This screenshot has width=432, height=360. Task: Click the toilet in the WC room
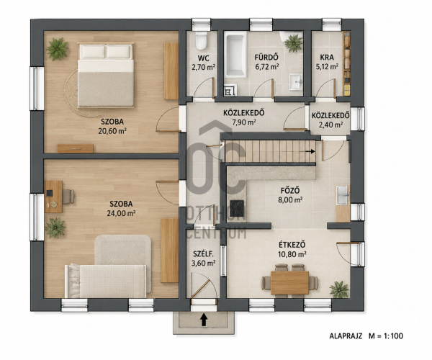tap(201, 40)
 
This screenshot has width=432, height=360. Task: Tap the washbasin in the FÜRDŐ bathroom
tap(296, 82)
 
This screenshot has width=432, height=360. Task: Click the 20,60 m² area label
tap(112, 131)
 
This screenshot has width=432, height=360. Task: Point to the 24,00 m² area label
tap(121, 213)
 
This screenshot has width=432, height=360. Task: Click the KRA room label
tap(327, 58)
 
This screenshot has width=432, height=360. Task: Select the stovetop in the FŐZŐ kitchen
tap(237, 208)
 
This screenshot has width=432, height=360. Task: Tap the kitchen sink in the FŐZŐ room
tap(343, 194)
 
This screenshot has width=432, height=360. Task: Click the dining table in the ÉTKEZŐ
tap(289, 283)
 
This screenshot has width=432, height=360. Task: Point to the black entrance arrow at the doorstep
tap(204, 320)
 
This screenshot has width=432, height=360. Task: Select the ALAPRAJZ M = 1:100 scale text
tap(366, 336)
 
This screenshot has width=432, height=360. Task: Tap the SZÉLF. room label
tap(203, 253)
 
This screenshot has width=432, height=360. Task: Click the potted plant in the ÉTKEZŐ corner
tap(339, 289)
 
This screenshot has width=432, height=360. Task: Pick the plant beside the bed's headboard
tap(57, 49)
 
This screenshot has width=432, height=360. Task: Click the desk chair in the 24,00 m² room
tap(68, 197)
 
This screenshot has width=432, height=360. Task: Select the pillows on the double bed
tap(106, 52)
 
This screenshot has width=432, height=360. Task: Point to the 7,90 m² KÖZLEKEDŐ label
tap(244, 122)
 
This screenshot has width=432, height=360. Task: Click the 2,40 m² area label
tap(330, 125)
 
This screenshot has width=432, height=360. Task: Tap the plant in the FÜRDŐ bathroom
tap(293, 43)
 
